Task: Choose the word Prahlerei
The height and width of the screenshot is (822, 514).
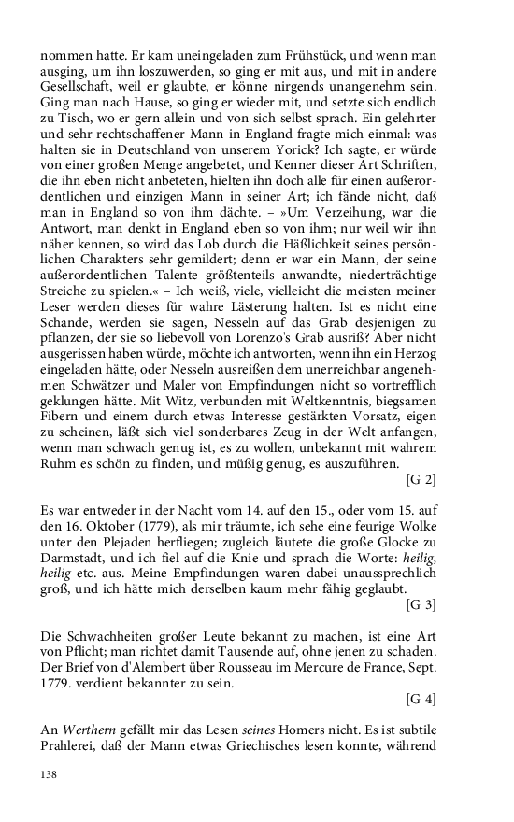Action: coord(72,746)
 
